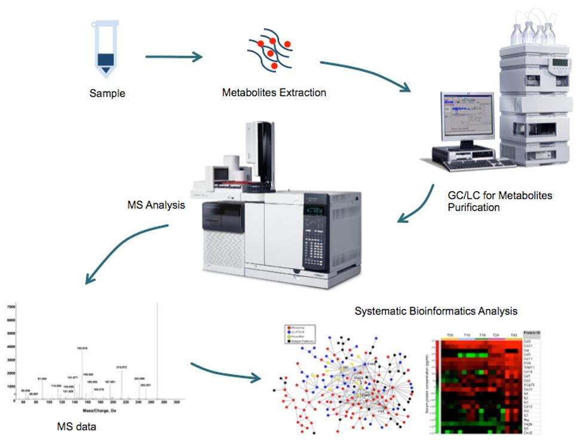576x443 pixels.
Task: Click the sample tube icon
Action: click(105, 50)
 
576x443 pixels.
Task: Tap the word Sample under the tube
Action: click(108, 93)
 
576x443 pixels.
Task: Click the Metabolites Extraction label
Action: click(274, 93)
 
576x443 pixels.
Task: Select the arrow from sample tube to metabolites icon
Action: click(173, 57)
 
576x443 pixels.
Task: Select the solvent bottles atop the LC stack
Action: click(532, 33)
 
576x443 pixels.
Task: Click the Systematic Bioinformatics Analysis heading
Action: click(436, 311)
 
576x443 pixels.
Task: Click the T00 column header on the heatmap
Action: click(449, 335)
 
